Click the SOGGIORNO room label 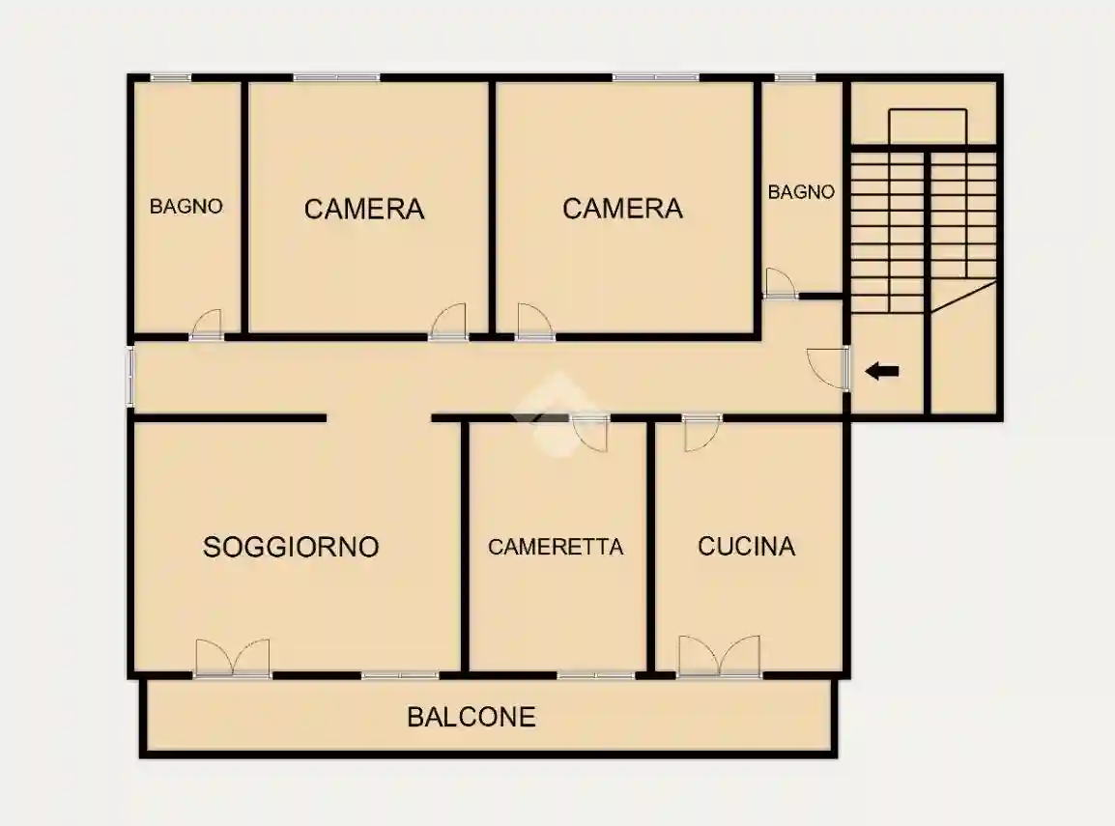(291, 547)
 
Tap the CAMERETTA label (556, 547)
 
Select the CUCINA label (747, 547)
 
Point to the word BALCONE (472, 717)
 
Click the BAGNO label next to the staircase (801, 192)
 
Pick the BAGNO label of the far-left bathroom (186, 207)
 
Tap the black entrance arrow (881, 370)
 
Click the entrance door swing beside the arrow (827, 367)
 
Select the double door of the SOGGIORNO (232, 658)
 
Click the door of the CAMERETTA (589, 432)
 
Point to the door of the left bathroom (207, 325)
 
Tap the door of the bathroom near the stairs (779, 283)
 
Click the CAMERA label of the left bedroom (364, 209)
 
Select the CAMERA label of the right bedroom (622, 208)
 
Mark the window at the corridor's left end (130, 376)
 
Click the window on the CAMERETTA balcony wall (596, 674)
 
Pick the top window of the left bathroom (170, 77)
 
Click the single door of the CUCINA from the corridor (702, 432)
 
